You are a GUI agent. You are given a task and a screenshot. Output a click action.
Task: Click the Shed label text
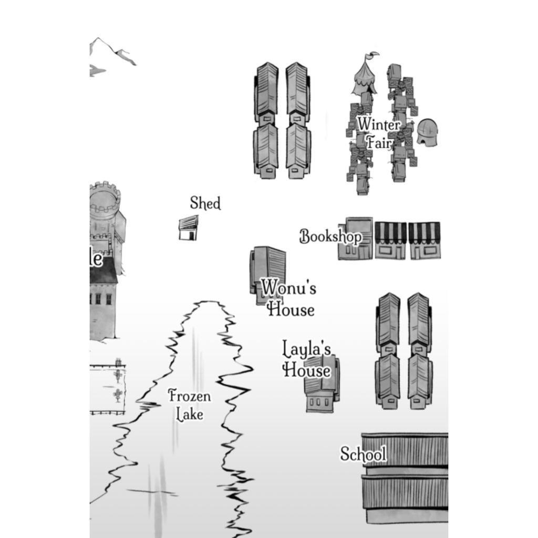click(205, 203)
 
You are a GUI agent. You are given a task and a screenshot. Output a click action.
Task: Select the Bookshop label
click(330, 236)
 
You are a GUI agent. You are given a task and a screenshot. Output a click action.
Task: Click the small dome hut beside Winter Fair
click(427, 132)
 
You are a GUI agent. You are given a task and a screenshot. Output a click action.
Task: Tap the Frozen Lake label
click(189, 405)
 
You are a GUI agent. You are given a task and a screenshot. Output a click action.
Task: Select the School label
click(363, 454)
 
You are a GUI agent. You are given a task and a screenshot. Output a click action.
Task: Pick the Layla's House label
click(307, 359)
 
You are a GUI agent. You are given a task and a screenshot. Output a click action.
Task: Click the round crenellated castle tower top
click(105, 198)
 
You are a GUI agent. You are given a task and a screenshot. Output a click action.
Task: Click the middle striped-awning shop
click(390, 241)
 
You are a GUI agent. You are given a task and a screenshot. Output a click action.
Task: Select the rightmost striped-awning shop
click(425, 241)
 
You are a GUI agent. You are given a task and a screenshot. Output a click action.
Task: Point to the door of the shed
click(192, 236)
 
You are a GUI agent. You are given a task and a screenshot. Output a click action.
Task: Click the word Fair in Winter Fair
click(379, 142)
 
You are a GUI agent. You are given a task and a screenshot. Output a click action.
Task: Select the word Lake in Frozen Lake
click(189, 414)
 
